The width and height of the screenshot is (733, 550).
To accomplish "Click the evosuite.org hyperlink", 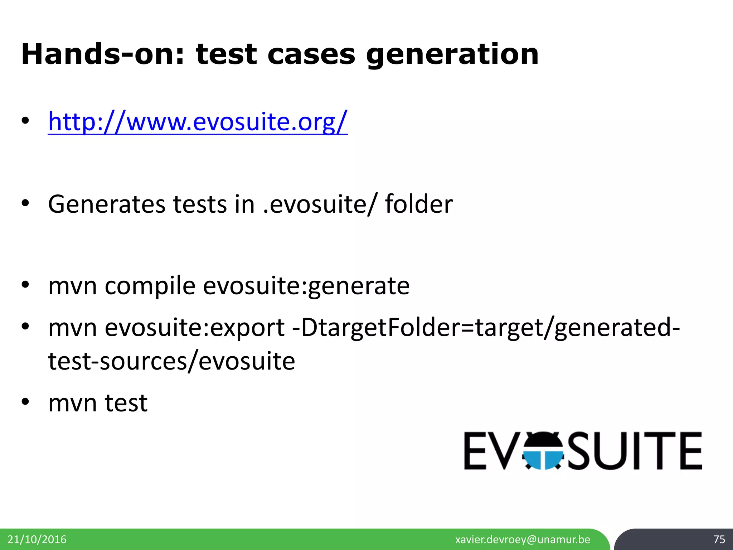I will (x=198, y=122).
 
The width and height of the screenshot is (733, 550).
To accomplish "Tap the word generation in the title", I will (x=452, y=54).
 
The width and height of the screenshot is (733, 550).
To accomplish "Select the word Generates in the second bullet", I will (x=107, y=204).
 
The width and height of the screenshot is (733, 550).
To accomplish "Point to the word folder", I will (x=418, y=204).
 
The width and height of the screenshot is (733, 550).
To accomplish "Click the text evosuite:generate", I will (x=306, y=286).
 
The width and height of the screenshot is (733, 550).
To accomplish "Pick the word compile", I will (x=150, y=286).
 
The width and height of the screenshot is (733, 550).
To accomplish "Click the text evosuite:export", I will (x=195, y=328).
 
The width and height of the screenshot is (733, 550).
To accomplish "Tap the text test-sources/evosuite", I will (x=171, y=361).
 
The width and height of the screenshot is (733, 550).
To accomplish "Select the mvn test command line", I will (x=98, y=403).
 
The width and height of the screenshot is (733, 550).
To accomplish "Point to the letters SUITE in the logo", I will (x=635, y=451).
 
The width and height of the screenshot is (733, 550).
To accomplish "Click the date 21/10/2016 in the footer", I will (x=37, y=539).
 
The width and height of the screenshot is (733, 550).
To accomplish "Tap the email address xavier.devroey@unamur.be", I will (x=523, y=539).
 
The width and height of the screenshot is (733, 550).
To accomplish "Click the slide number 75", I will (x=719, y=539).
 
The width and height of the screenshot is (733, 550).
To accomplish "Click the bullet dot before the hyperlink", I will (x=25, y=121).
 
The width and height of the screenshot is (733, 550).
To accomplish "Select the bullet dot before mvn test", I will (x=25, y=402).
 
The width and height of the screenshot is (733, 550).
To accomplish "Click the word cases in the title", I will (x=311, y=54).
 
